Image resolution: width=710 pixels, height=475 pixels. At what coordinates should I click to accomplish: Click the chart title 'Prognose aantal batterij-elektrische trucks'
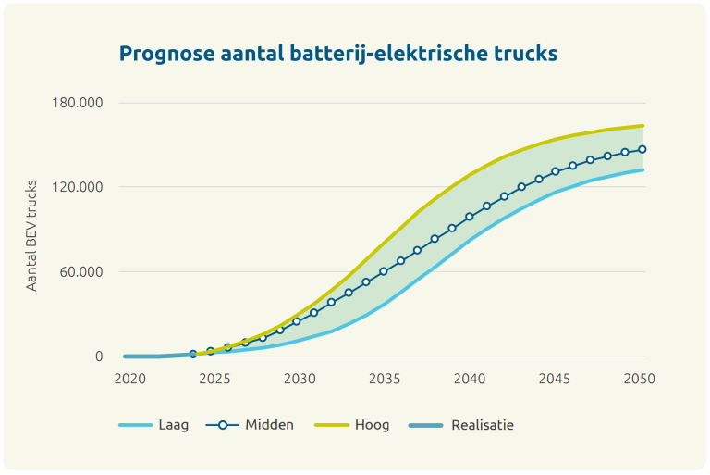pyautogui.click(x=338, y=54)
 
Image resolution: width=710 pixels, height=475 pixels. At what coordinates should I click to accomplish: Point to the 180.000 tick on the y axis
pyautogui.click(x=77, y=102)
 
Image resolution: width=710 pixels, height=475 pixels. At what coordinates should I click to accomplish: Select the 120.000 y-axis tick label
pyautogui.click(x=77, y=187)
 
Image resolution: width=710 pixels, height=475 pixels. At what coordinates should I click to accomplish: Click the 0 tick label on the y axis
pyautogui.click(x=99, y=356)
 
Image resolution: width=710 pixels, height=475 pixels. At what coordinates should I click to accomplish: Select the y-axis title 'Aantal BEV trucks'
pyautogui.click(x=31, y=237)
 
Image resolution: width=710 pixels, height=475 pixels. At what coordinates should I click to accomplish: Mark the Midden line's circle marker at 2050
pyautogui.click(x=642, y=149)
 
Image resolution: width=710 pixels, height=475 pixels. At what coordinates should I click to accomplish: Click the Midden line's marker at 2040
pyautogui.click(x=470, y=217)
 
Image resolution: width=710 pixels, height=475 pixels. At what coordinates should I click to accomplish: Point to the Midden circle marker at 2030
pyautogui.click(x=297, y=321)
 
